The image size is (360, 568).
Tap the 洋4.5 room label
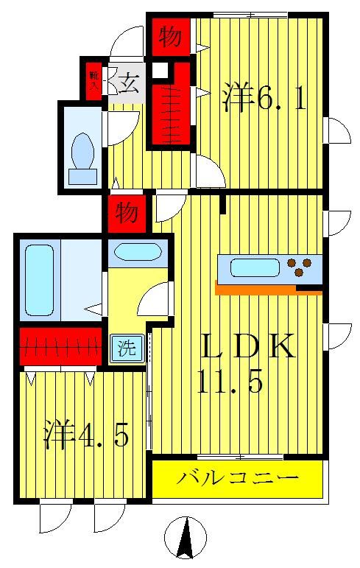[x=86, y=435]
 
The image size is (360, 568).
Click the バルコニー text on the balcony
[x=238, y=477]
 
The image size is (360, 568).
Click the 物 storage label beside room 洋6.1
[x=171, y=37]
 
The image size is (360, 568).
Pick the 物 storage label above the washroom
[x=127, y=214]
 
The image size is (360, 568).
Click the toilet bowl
[x=82, y=151]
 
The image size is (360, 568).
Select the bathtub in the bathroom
[x=39, y=281]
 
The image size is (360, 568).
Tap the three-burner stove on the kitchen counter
[x=300, y=266]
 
